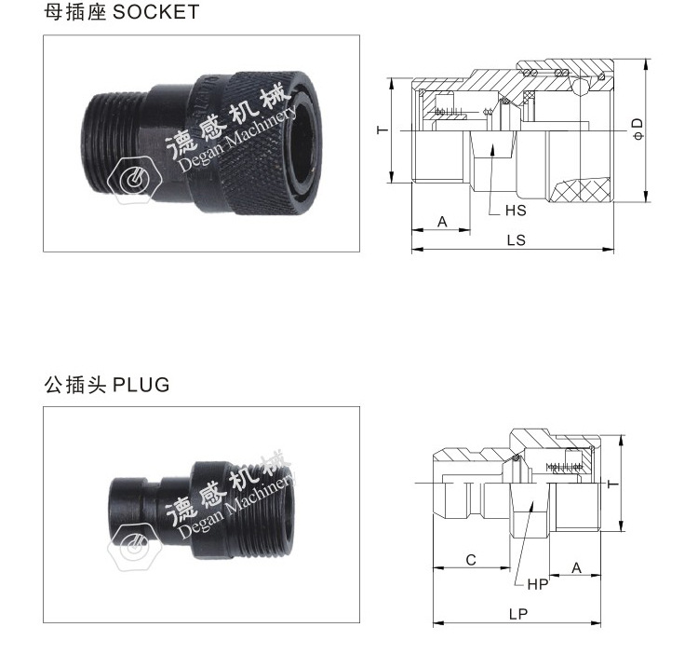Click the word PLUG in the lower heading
141,385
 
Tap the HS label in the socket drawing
516,211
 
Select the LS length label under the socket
516,239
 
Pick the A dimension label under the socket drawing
442,222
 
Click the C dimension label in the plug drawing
471,560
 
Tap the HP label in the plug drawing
538,584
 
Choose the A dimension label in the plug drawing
576,566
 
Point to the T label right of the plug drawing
611,484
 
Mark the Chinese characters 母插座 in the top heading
74,12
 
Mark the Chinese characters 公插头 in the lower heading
74,385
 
